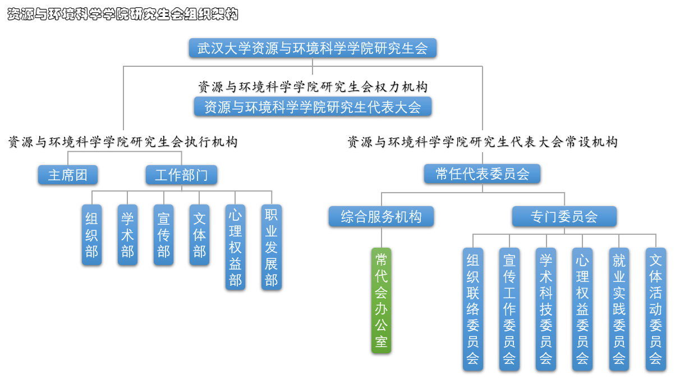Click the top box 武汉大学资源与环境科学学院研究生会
point(313,48)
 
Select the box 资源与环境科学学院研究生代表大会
point(313,107)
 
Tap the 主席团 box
point(68,175)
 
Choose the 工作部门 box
point(181,175)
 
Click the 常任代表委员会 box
point(482,174)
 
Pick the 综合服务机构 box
point(381,217)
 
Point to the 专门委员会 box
point(564,217)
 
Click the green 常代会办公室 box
point(381,300)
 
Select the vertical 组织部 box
point(91,235)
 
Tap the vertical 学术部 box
point(128,235)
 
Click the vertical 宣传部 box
point(164,235)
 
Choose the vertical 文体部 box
point(200,235)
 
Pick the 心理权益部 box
point(236,247)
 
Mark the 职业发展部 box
point(272,247)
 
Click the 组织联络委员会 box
point(473,309)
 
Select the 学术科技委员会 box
point(546,309)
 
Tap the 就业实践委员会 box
point(619,309)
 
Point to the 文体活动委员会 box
point(655,309)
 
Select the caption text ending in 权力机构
point(313,87)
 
